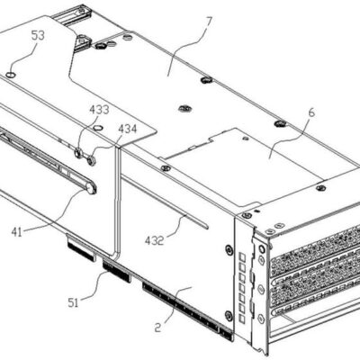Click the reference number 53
[x=38, y=36]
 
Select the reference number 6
[x=311, y=112]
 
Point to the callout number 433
[x=99, y=110]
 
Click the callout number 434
[x=127, y=129]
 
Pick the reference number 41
[x=17, y=232]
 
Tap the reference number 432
[x=155, y=240]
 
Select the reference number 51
[x=73, y=302]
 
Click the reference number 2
[x=158, y=327]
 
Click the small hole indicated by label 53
[x=11, y=75]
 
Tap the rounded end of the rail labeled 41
[x=91, y=189]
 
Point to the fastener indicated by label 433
[x=78, y=153]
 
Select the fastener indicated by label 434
[x=91, y=159]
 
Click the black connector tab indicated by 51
[x=117, y=271]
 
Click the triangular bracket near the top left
[x=82, y=41]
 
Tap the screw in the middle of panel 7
[x=183, y=108]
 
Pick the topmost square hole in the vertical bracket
[x=243, y=257]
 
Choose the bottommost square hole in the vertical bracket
[x=242, y=319]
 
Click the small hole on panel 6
[x=246, y=139]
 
